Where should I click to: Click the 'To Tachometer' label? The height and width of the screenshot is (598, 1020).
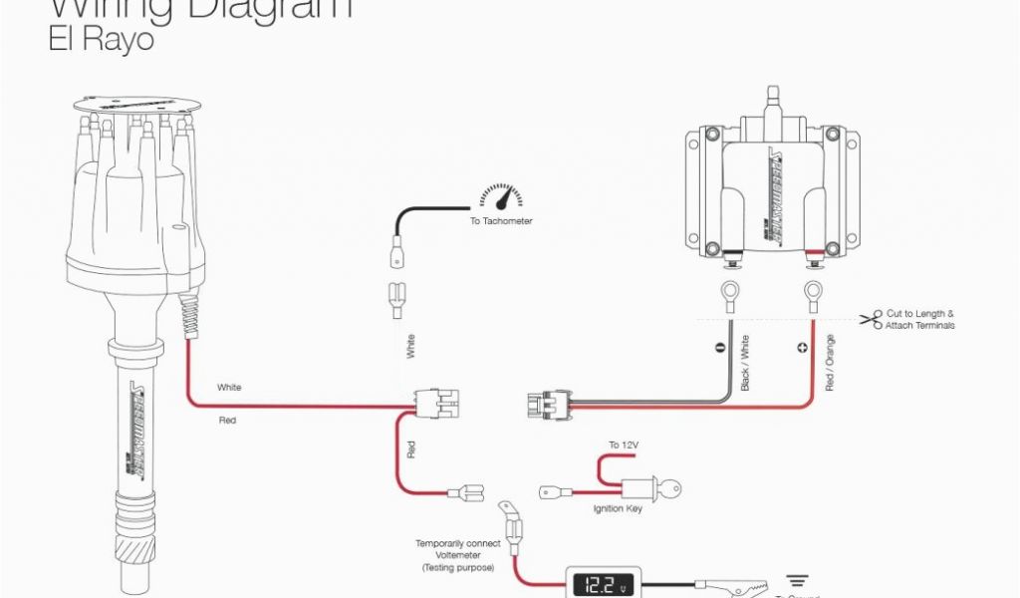[x=501, y=221]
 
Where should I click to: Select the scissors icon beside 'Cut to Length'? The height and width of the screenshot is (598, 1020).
[x=872, y=319]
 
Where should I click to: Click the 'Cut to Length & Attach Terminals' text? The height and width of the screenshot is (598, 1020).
[x=920, y=319]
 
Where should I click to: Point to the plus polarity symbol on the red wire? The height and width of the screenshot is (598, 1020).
[x=803, y=349]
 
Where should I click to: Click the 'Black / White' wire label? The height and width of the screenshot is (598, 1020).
[x=744, y=363]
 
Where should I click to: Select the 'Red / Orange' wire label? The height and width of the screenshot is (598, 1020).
[x=830, y=363]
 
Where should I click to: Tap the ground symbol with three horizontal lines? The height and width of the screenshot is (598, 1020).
[x=797, y=580]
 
